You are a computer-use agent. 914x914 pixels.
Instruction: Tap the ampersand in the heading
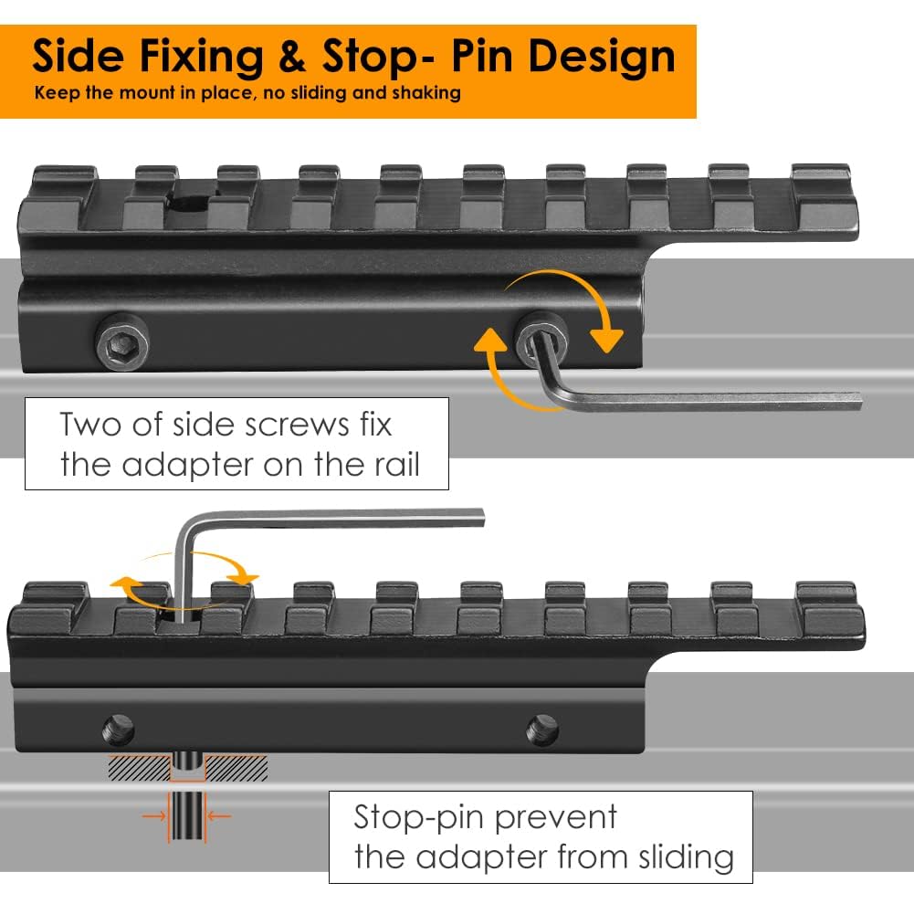[292, 58]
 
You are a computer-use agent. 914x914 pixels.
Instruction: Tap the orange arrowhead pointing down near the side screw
[607, 341]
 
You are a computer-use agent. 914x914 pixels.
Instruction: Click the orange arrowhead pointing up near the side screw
[490, 341]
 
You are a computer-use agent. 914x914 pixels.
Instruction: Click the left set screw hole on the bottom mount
[119, 730]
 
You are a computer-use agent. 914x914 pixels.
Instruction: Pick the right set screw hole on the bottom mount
[542, 730]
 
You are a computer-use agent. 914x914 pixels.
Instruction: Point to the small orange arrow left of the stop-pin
[154, 816]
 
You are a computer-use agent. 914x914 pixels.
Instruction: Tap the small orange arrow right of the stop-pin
[218, 816]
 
